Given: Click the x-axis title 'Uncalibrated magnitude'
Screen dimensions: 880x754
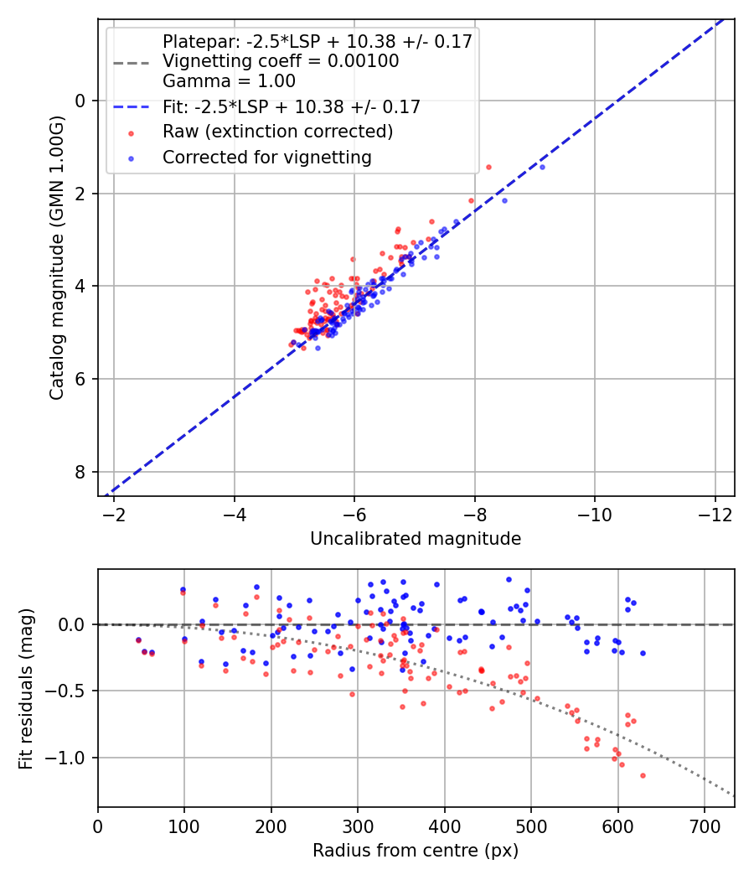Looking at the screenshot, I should [x=416, y=539].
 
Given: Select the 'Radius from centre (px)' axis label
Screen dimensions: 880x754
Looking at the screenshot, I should [x=416, y=851].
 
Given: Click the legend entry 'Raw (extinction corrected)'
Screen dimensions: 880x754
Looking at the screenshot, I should [x=277, y=132].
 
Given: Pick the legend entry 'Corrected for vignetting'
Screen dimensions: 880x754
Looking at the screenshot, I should [x=266, y=157].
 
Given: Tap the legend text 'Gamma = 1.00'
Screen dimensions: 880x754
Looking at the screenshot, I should [x=229, y=81].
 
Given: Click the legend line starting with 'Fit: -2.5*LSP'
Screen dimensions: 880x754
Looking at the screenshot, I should [x=291, y=106].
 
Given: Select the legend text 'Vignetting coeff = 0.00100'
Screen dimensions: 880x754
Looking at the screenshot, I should [x=281, y=61].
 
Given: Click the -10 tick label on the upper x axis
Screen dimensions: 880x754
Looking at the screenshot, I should [x=595, y=512].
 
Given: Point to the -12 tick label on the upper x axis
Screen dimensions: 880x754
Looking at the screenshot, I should [x=715, y=512].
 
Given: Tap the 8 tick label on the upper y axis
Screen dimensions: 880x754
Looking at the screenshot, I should [x=81, y=472].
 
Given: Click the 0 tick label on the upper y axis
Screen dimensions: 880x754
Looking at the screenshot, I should [x=81, y=101].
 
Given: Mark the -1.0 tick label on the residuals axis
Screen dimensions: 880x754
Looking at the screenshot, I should [x=69, y=758].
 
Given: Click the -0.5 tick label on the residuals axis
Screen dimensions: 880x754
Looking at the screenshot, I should [x=69, y=691].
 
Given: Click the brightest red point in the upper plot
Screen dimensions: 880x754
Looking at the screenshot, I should [x=488, y=167].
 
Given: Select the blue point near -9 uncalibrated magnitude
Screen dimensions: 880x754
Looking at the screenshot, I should [x=542, y=167].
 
